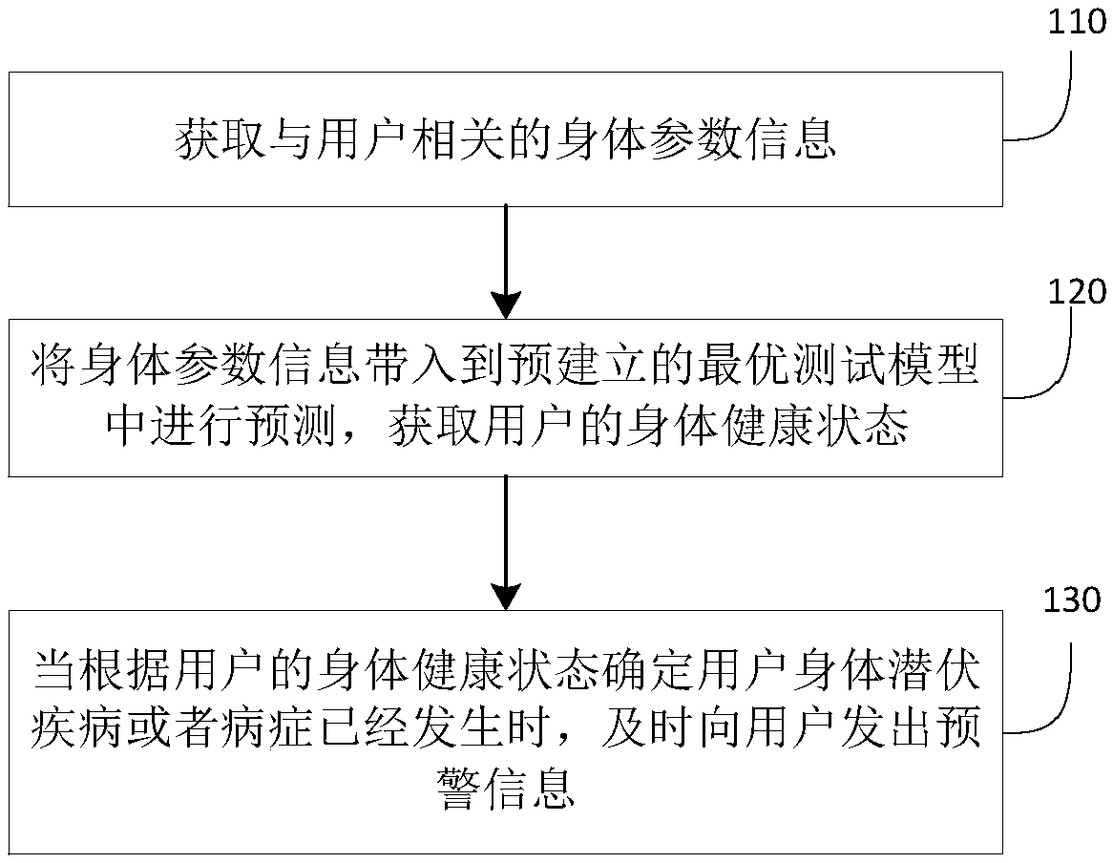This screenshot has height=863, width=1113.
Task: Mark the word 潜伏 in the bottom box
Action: coord(937,668)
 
